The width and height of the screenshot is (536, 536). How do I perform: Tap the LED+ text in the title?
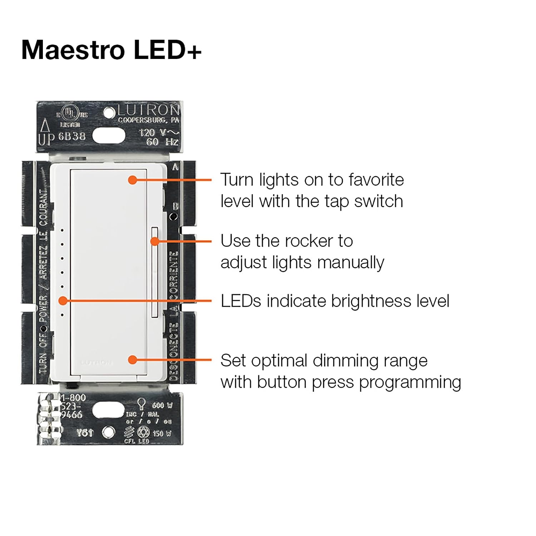(168, 50)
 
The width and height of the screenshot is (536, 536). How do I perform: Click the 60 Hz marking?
(162, 142)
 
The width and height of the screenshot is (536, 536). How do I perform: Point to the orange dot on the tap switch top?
(133, 180)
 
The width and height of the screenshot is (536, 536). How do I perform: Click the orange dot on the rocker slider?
(154, 242)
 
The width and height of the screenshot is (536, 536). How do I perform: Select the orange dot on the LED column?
(63, 301)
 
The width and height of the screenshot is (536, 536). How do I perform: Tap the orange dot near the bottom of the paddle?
(133, 359)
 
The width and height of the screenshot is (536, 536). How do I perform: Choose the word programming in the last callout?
(410, 382)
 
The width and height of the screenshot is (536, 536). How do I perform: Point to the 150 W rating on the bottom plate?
(162, 433)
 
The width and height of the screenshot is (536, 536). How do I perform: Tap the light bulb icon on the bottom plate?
(142, 403)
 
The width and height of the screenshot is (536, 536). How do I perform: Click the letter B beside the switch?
(175, 207)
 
